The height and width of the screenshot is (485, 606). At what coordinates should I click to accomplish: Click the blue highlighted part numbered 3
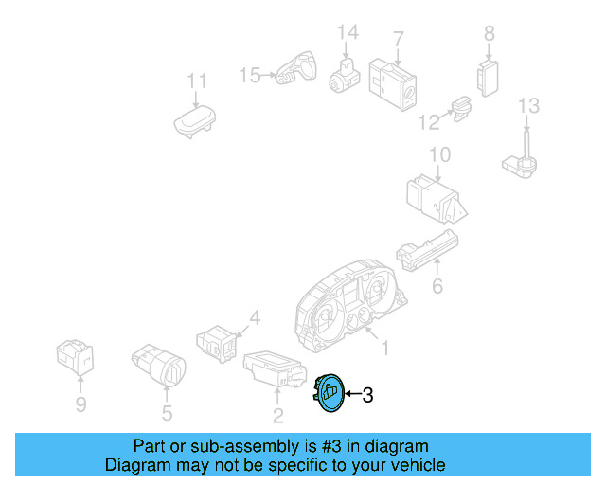(x=329, y=393)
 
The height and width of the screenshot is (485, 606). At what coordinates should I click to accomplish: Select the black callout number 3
(x=367, y=395)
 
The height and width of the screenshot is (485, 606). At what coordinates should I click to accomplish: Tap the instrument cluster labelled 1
(x=350, y=306)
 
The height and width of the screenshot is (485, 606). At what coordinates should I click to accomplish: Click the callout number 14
(x=348, y=32)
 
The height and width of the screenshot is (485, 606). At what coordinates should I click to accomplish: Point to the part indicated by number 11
(x=194, y=121)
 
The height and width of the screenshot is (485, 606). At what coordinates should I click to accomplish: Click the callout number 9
(x=80, y=404)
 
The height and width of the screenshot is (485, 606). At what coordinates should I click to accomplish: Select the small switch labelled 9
(x=75, y=357)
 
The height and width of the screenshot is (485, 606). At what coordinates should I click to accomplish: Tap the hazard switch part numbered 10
(x=437, y=199)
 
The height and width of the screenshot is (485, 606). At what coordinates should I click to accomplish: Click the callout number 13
(x=528, y=105)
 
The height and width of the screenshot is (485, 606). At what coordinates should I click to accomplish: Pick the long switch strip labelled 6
(x=427, y=251)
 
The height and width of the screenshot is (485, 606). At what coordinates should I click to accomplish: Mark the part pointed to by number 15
(x=296, y=67)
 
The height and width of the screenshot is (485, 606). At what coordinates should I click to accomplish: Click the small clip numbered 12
(x=462, y=108)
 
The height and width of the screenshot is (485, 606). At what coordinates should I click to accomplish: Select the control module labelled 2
(x=275, y=369)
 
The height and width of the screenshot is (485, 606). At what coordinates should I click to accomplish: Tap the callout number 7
(x=399, y=40)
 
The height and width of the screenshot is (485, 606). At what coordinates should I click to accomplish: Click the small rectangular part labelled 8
(x=488, y=78)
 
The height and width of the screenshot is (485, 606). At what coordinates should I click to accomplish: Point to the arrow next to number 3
(x=353, y=394)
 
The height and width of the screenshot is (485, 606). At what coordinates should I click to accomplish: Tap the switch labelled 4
(x=217, y=343)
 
